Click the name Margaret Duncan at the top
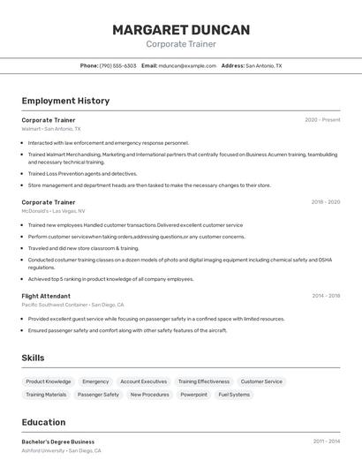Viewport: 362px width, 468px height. [181, 30]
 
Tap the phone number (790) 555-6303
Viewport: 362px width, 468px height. [117, 65]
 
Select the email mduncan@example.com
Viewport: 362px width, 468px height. [187, 65]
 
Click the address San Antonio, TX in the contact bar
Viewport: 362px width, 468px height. [263, 65]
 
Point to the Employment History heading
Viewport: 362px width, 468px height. [65, 101]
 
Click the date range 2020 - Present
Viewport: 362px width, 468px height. [322, 120]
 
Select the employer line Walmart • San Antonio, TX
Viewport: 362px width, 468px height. [51, 129]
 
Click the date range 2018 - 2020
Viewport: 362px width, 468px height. [325, 202]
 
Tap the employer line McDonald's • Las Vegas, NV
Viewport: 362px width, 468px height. [54, 211]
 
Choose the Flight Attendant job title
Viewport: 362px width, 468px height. [46, 296]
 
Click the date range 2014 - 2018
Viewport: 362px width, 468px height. [326, 296]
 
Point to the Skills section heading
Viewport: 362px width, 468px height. [34, 358]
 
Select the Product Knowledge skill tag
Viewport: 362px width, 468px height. [49, 381]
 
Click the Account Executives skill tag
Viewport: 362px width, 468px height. [143, 381]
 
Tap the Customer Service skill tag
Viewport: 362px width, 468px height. [261, 381]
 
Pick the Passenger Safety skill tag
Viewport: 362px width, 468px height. [98, 395]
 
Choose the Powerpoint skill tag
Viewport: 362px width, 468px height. [193, 395]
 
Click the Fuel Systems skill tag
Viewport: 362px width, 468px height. [234, 395]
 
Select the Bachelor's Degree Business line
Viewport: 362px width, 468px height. [58, 442]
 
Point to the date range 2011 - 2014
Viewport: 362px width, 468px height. [326, 442]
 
